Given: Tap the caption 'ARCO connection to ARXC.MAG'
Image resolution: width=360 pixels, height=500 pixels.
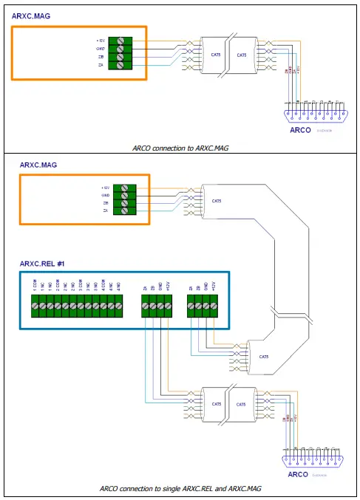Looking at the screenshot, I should [x=181, y=148].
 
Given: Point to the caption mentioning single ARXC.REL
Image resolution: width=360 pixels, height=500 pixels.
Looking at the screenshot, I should [x=181, y=489].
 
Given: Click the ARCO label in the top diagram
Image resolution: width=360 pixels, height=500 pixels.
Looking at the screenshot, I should [x=299, y=130].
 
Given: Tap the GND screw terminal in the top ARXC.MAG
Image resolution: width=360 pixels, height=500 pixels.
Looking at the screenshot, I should [x=120, y=49].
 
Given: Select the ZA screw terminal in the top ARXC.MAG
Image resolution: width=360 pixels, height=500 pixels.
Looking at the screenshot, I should [x=120, y=65].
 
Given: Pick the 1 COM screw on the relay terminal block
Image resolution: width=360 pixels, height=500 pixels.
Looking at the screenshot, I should [x=35, y=306].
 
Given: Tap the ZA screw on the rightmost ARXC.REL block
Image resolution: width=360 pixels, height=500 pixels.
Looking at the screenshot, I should [x=191, y=306].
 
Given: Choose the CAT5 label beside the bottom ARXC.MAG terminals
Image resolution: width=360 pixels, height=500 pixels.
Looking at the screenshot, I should [x=217, y=201].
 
